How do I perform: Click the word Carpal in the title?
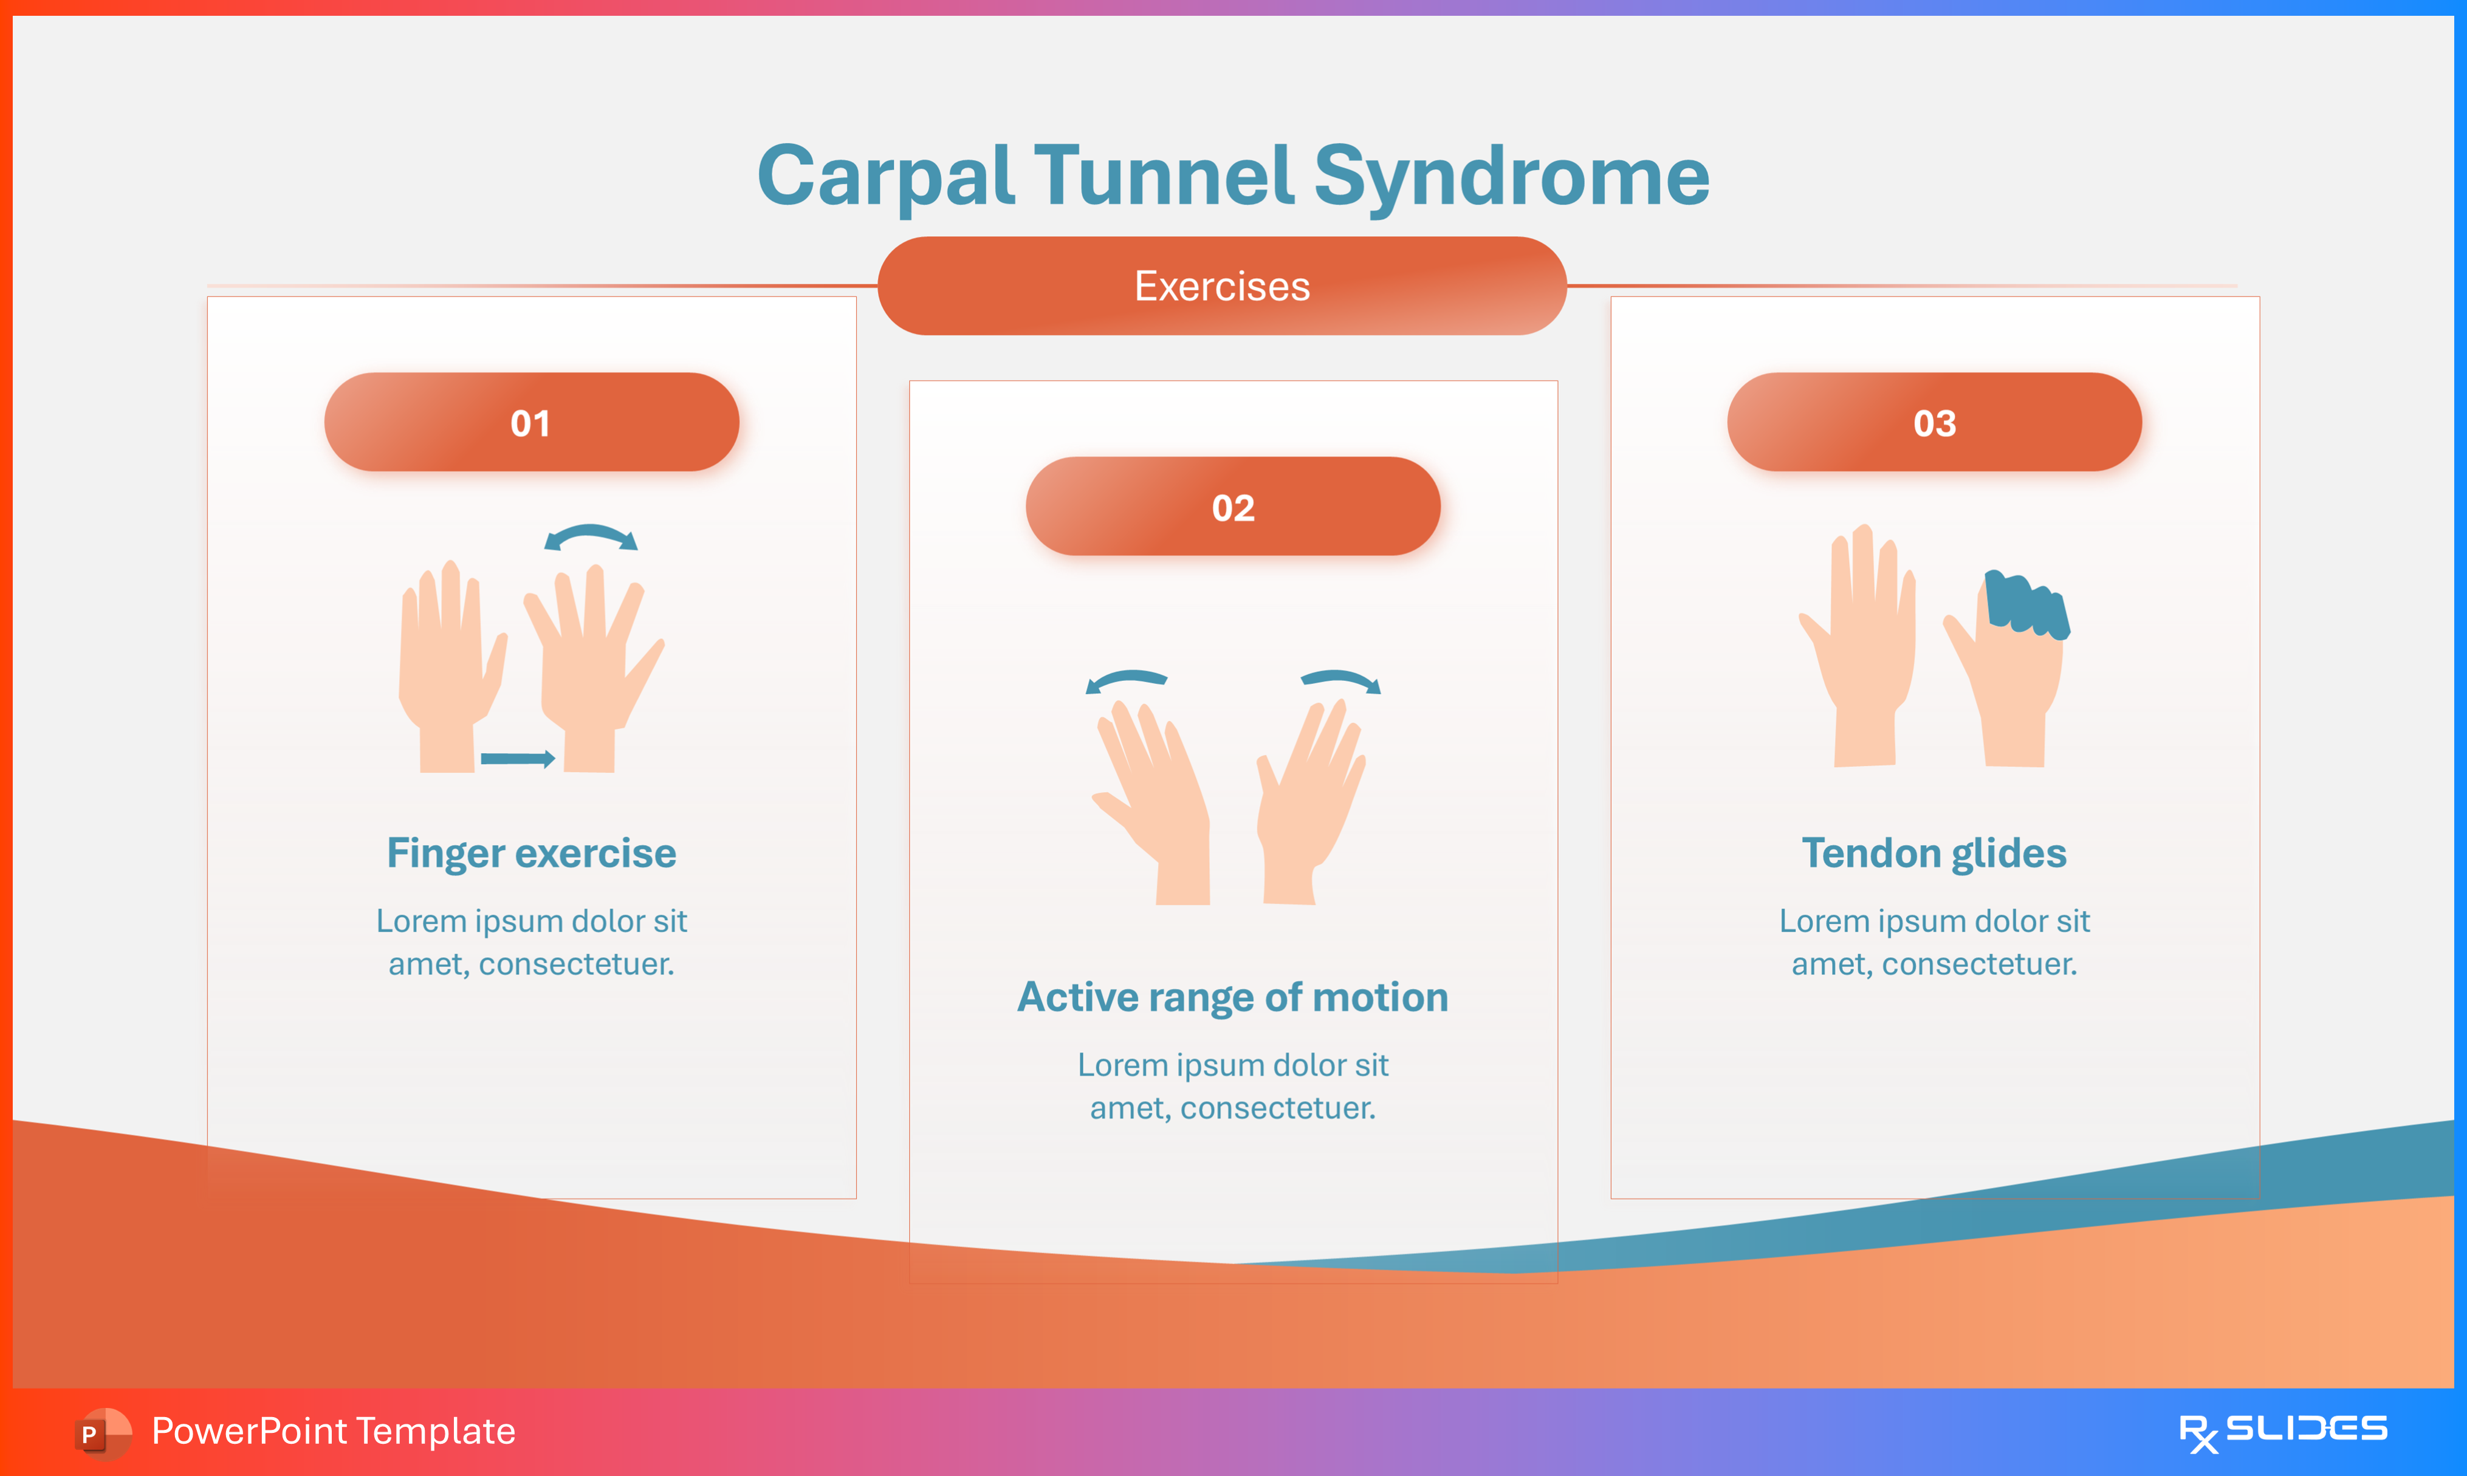point(885,177)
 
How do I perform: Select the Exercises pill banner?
point(1221,287)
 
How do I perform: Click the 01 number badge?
point(531,423)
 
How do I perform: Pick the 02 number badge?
point(1232,507)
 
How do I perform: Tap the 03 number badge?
point(1934,423)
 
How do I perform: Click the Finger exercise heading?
point(531,853)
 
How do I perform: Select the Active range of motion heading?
point(1232,997)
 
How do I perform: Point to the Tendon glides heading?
point(1934,853)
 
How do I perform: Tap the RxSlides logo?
point(2282,1431)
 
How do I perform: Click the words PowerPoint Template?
point(333,1431)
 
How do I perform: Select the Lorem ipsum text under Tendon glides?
point(1934,942)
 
